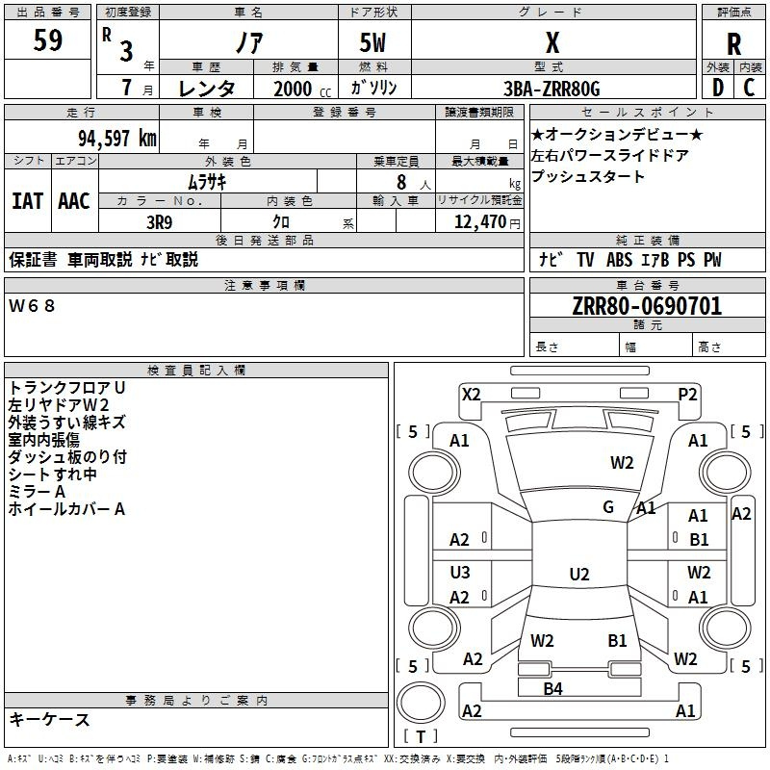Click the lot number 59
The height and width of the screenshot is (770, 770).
47,40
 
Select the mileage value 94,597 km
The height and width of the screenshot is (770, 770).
117,139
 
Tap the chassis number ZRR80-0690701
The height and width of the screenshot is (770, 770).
647,306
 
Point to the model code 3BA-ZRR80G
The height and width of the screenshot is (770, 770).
552,89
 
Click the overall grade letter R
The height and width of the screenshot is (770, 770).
733,44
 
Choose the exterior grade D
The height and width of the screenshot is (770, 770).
718,88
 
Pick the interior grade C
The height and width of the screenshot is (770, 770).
749,88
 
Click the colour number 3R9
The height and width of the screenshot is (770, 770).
160,222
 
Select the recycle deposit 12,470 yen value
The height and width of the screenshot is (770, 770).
487,222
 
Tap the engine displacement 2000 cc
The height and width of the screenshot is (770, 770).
302,89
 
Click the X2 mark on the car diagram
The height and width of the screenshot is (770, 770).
472,395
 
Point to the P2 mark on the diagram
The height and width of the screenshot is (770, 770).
687,395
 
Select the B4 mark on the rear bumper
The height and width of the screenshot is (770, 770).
552,689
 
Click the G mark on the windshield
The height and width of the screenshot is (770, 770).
608,507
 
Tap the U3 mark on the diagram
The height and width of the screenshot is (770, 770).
460,572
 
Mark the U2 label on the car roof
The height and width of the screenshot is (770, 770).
579,574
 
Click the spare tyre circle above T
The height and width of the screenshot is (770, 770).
421,702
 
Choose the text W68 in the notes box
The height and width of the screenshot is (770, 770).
32,306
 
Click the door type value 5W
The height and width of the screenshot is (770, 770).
372,42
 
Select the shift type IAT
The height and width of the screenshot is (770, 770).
28,201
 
